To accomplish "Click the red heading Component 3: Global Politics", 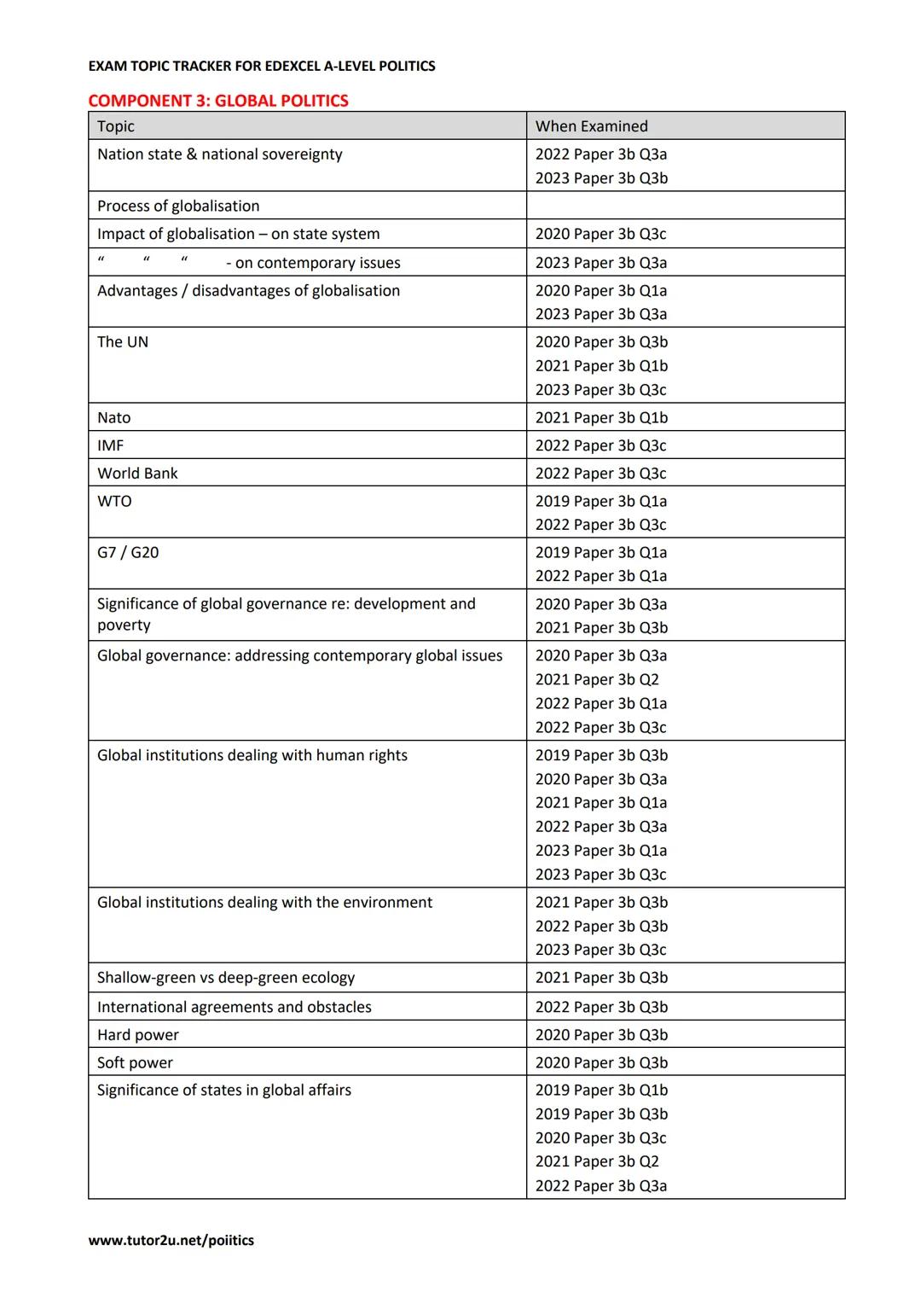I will (x=218, y=101).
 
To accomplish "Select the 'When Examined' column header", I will (x=591, y=126).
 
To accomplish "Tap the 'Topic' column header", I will (x=116, y=126).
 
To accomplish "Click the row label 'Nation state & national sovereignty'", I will (x=219, y=154).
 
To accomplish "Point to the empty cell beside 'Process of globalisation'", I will (x=685, y=206).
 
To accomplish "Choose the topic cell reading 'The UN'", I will (x=123, y=342).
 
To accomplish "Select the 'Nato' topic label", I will (x=114, y=417).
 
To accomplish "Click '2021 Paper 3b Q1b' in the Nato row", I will (x=601, y=417).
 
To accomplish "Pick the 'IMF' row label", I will (x=110, y=445).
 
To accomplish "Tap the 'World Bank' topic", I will (x=137, y=474).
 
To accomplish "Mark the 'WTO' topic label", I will (x=114, y=501).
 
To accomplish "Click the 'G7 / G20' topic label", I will (x=128, y=552).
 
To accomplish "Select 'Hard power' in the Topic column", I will (x=138, y=1035).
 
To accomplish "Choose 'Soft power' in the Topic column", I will (x=135, y=1062).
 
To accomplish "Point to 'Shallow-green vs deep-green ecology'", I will (x=226, y=978).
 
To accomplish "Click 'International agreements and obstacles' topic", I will (x=235, y=1007).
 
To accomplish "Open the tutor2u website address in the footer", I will (x=171, y=1241).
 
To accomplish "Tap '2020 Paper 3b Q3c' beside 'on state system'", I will (x=600, y=234).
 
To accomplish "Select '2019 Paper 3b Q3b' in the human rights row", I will (x=601, y=755).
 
